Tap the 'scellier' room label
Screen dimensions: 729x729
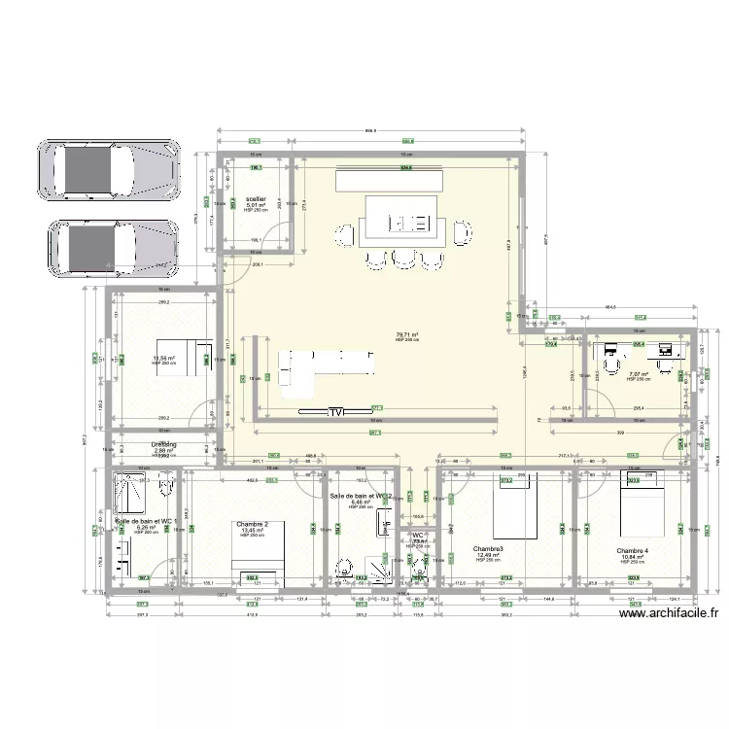[256, 198]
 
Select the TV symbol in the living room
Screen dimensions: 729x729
[336, 411]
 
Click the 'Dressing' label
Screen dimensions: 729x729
[162, 444]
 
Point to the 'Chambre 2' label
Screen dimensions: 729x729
[253, 524]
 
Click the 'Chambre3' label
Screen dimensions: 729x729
[487, 548]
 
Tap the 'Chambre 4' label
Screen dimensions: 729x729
[632, 550]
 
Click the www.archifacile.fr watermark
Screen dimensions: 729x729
[669, 612]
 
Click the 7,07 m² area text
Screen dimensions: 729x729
[638, 374]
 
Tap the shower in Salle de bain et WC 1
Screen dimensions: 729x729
[130, 490]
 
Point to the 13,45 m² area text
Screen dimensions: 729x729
[253, 531]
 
